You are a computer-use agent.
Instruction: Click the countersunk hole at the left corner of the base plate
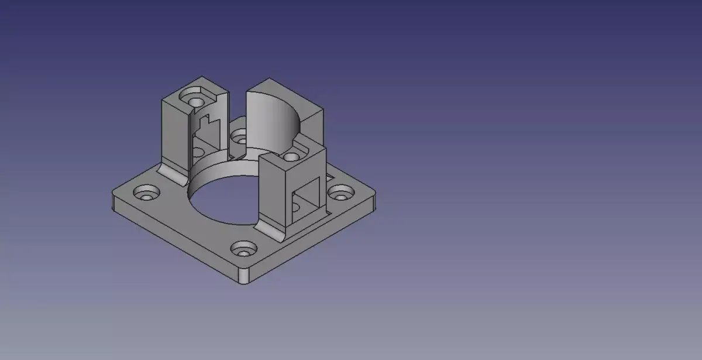(x=144, y=193)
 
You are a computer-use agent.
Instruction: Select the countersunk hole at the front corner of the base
(x=243, y=250)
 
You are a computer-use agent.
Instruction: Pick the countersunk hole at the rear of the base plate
(x=239, y=137)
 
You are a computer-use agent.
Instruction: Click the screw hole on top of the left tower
(x=190, y=94)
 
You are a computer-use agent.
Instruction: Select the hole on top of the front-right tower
(x=290, y=157)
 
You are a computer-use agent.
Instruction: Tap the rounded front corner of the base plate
(x=245, y=278)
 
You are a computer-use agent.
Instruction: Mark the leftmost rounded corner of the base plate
(x=112, y=200)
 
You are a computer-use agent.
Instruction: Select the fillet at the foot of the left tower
(x=171, y=172)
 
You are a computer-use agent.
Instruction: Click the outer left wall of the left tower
(x=168, y=132)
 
